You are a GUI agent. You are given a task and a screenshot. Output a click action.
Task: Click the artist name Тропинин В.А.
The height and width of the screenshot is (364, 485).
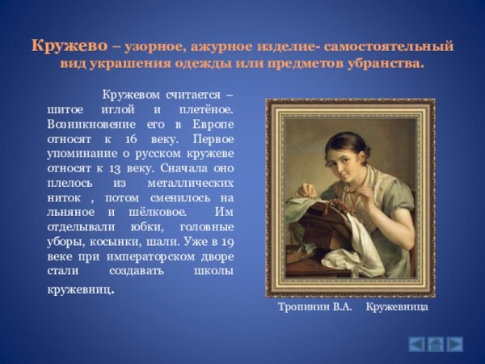[314, 308]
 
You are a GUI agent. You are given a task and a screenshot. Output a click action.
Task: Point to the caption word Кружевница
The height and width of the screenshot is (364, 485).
[396, 308]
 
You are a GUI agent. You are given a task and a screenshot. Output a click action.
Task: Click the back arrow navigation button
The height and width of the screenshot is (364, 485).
[416, 343]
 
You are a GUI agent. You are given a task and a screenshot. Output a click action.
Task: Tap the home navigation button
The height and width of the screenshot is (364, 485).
[436, 343]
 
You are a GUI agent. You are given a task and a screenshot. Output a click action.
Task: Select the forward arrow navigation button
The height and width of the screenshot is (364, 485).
[455, 343]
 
